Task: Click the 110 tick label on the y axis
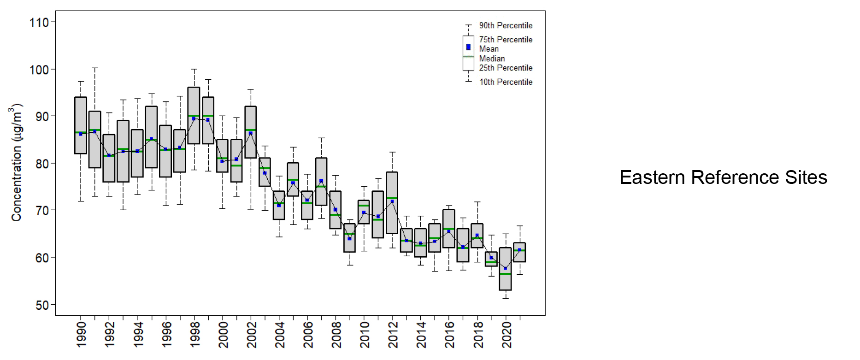coord(39,23)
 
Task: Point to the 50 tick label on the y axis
coord(42,305)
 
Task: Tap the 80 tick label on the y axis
coord(42,164)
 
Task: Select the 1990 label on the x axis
coord(81,335)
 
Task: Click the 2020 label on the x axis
coord(507,335)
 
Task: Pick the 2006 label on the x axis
coord(308,335)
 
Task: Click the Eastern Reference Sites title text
coord(723,177)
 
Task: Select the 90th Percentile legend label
coord(506,25)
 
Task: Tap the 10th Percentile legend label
coord(506,82)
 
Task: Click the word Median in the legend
coord(492,59)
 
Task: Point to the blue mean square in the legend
coord(468,47)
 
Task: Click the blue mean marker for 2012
coord(392,201)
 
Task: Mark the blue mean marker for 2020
coord(506,268)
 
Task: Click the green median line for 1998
coord(194,116)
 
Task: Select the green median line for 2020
coord(506,274)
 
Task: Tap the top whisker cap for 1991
coord(95,68)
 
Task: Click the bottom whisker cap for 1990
coord(81,201)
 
